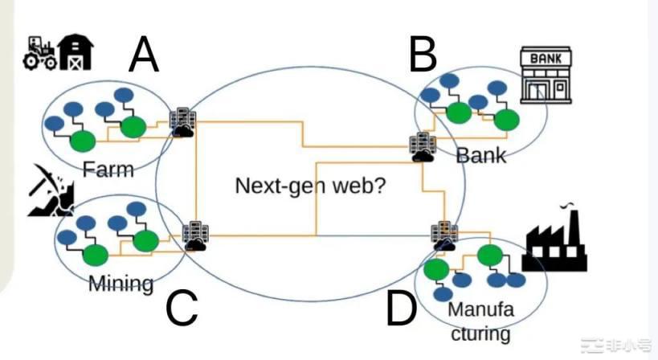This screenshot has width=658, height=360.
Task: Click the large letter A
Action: [143, 56]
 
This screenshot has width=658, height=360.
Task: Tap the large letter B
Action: [423, 54]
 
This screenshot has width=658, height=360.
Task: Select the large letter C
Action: [182, 308]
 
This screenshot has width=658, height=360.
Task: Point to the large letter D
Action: [402, 309]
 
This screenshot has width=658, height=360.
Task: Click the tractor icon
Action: [38, 52]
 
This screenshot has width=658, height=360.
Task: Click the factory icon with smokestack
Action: [554, 241]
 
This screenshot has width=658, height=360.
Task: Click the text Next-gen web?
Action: [310, 186]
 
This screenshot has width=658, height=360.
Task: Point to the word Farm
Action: [108, 169]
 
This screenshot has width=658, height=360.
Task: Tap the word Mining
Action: [121, 283]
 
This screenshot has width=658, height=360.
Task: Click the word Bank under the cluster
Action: [481, 154]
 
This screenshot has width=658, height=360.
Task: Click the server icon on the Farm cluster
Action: [182, 122]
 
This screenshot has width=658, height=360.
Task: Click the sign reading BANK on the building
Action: [543, 58]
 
